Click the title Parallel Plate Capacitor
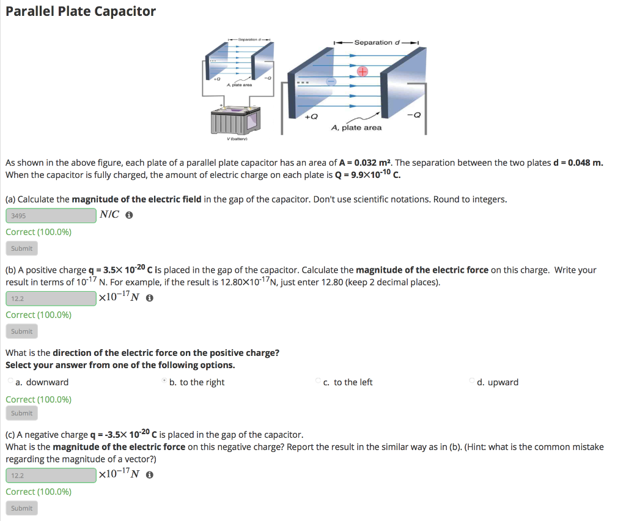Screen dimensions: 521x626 click(x=81, y=12)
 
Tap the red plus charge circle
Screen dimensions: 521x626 click(x=363, y=72)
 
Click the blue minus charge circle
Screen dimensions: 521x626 click(x=331, y=81)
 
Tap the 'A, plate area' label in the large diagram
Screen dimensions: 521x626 click(x=356, y=128)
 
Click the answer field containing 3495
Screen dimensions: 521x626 click(x=51, y=215)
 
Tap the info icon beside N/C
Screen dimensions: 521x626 click(x=129, y=216)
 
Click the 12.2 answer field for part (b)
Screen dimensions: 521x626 click(x=51, y=298)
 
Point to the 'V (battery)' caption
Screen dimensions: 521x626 click(x=234, y=139)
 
